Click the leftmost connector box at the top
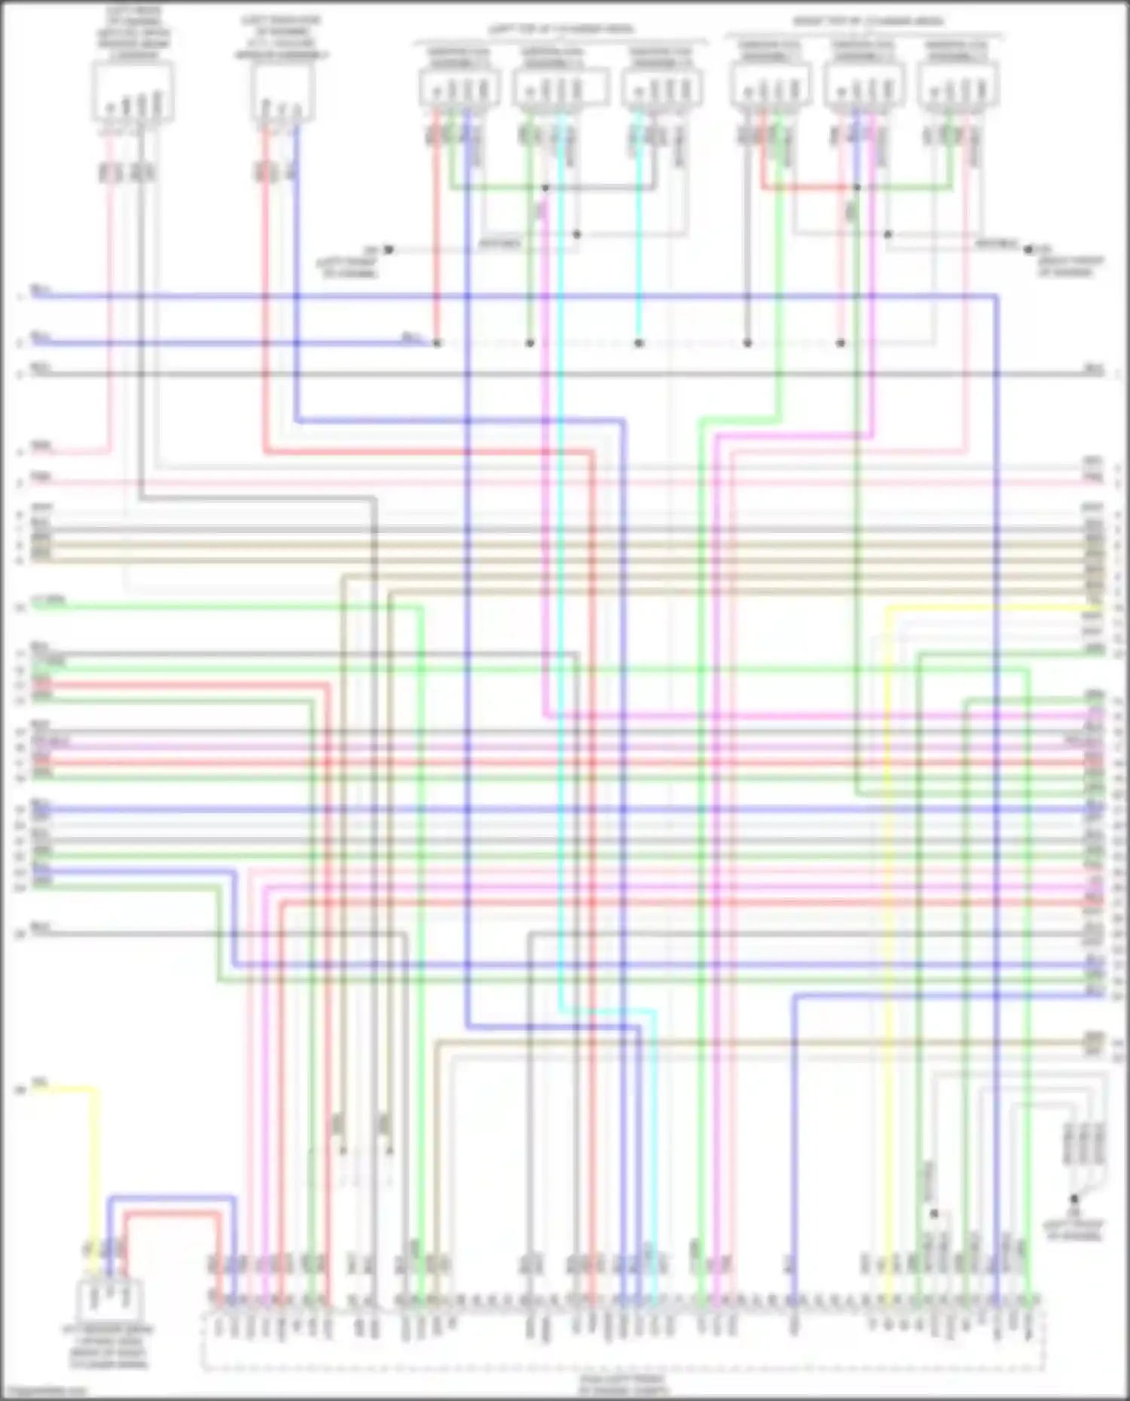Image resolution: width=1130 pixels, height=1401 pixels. pyautogui.click(x=133, y=93)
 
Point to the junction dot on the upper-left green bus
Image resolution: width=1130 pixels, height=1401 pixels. pyautogui.click(x=545, y=187)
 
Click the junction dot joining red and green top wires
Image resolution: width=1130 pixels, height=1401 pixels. pyautogui.click(x=857, y=187)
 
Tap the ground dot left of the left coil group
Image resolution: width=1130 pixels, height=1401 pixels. pyautogui.click(x=389, y=249)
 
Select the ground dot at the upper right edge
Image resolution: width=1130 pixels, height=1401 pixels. pyautogui.click(x=1029, y=249)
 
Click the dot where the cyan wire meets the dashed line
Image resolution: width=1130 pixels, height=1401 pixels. pyautogui.click(x=639, y=343)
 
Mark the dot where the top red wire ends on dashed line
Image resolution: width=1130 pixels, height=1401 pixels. pyautogui.click(x=437, y=343)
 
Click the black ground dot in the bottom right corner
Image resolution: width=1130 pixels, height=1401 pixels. pyautogui.click(x=1074, y=1198)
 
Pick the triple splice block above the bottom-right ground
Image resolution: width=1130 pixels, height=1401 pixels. pyautogui.click(x=1083, y=1145)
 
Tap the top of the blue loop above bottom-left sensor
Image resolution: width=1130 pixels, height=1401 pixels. pyautogui.click(x=171, y=1198)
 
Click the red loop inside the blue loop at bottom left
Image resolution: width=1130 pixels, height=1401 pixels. pyautogui.click(x=173, y=1214)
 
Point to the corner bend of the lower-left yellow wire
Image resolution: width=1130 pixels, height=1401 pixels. pyautogui.click(x=95, y=1089)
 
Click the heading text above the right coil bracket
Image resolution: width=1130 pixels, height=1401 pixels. pyautogui.click(x=867, y=21)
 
